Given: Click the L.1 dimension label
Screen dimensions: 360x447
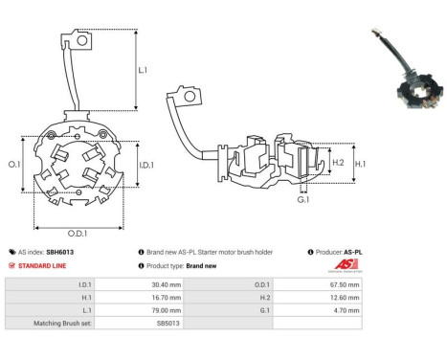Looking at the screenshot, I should click(x=142, y=71).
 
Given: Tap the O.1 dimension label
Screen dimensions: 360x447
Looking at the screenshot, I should click(x=14, y=165).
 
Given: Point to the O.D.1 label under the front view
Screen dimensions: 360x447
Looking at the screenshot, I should click(x=80, y=235).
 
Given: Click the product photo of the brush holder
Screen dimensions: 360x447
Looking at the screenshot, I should click(x=401, y=72).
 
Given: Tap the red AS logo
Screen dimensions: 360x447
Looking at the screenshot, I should click(x=344, y=266).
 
